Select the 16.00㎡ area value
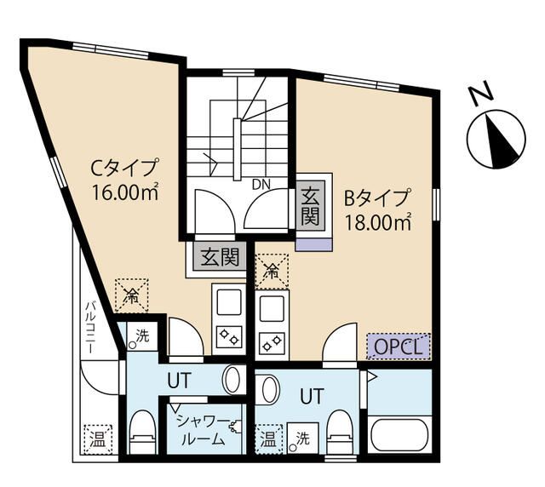tap(126, 192)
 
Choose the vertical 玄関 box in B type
tap(309, 208)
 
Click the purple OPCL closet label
tap(399, 346)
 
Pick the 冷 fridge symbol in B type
tap(271, 272)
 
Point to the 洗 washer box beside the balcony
tap(140, 336)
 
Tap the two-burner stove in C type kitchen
tap(228, 335)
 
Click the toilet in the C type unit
tap(143, 433)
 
